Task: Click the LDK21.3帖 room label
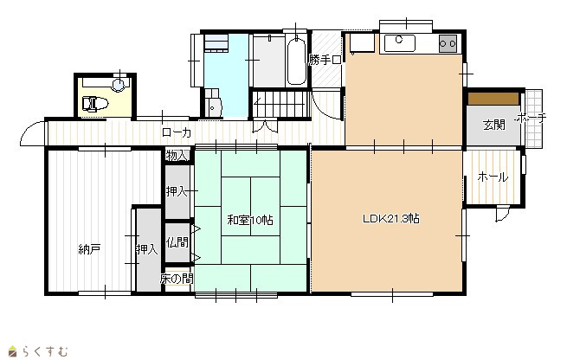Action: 391,219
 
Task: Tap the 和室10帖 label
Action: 250,220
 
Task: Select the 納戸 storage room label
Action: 89,249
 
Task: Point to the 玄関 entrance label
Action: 494,125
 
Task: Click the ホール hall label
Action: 493,177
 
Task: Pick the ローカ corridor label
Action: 177,132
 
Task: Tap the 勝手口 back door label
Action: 325,60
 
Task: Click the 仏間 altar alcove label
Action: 177,241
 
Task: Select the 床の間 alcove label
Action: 177,279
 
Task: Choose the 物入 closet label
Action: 177,156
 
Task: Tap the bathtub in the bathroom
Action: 297,61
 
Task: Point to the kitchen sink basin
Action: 400,43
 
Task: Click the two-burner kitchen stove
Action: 448,44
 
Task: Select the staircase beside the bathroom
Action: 281,104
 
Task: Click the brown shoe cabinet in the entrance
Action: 493,99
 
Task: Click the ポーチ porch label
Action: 532,118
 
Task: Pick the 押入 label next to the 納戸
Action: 147,249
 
